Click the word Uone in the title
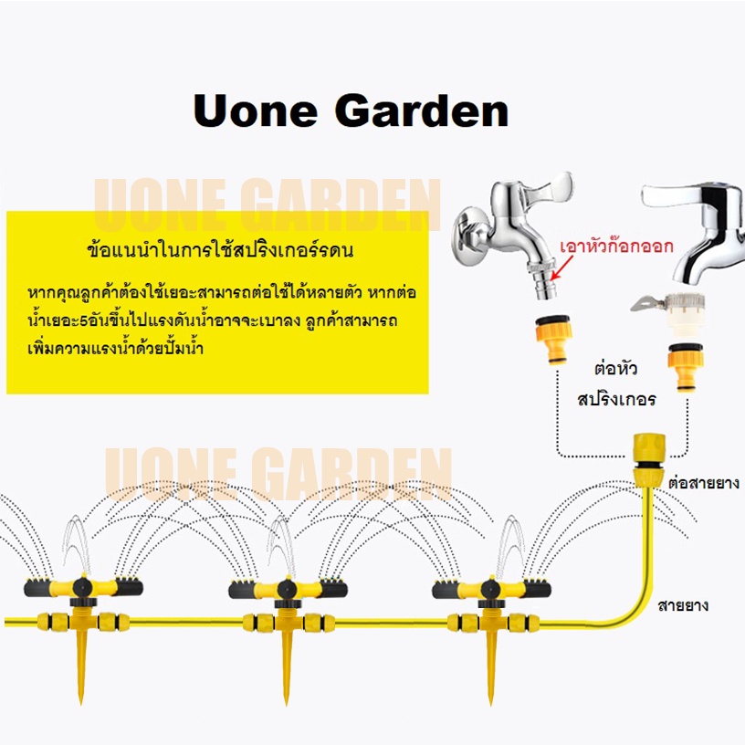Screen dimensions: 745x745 255,110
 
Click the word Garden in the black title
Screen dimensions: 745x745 422,110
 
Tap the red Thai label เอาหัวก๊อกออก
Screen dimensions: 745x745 616,247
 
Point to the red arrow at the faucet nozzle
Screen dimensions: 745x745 561,267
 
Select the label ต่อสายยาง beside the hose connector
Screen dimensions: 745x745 704,483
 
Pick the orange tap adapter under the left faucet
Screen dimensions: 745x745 552,339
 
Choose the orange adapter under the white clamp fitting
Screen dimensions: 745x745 685,367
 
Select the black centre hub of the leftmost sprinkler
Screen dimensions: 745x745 83,588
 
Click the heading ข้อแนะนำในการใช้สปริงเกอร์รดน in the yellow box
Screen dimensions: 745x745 220,249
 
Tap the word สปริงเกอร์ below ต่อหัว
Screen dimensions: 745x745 616,398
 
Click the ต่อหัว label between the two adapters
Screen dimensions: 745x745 615,368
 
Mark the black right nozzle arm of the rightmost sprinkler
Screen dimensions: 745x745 538,588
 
